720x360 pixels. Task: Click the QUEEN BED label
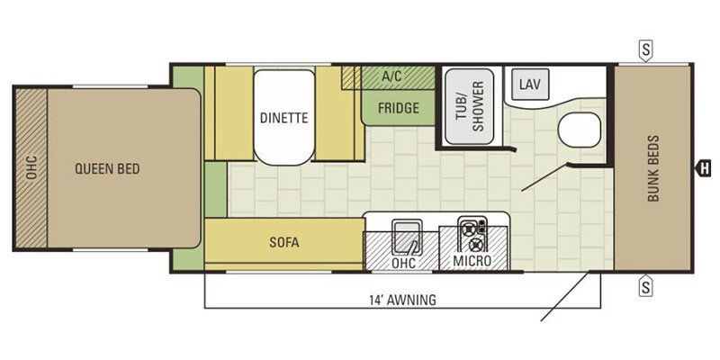[x=107, y=169]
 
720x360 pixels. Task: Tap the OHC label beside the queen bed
[x=31, y=168]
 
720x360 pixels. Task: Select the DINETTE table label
[x=283, y=118]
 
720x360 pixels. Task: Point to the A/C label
[x=391, y=76]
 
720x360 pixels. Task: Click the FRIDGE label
[x=399, y=108]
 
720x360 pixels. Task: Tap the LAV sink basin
[x=530, y=85]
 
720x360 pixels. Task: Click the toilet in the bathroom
[x=580, y=130]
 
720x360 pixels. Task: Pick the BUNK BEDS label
[x=653, y=168]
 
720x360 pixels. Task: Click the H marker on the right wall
[x=703, y=168]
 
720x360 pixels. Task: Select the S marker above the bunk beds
[x=645, y=50]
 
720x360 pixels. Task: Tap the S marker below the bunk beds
[x=645, y=286]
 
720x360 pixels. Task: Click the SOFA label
[x=284, y=242]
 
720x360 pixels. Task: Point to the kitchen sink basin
[x=408, y=236]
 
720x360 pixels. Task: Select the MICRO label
[x=472, y=261]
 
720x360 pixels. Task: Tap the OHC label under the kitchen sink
[x=404, y=263]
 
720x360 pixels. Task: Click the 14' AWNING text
[x=402, y=301]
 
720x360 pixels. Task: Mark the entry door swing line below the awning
[x=564, y=297]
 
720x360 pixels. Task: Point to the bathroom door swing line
[x=545, y=177]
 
